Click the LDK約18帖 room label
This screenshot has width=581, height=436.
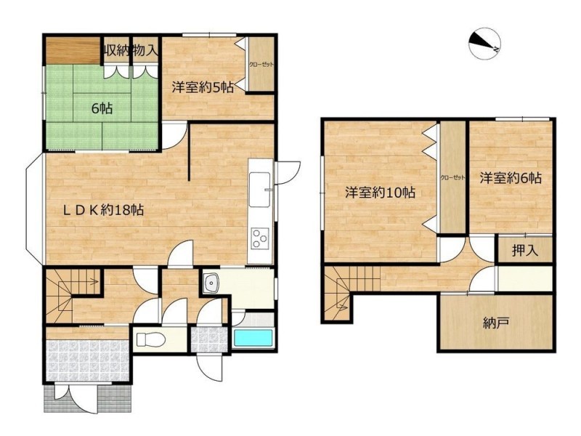pyautogui.click(x=103, y=211)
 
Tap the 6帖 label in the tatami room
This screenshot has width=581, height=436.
pyautogui.click(x=102, y=108)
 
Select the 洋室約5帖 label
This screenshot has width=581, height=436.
pyautogui.click(x=203, y=87)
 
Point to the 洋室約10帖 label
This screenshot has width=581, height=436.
pyautogui.click(x=380, y=193)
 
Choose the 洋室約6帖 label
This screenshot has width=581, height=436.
pyautogui.click(x=511, y=178)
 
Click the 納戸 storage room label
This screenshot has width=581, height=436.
pyautogui.click(x=495, y=323)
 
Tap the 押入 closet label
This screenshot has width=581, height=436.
pyautogui.click(x=524, y=251)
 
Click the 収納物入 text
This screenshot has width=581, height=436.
pyautogui.click(x=131, y=50)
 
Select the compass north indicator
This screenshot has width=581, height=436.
pyautogui.click(x=484, y=44)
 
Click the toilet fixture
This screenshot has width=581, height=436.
pyautogui.click(x=151, y=339)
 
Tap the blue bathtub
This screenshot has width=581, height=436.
pyautogui.click(x=253, y=338)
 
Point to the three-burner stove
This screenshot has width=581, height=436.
pyautogui.click(x=260, y=238)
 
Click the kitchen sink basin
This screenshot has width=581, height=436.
pyautogui.click(x=260, y=190)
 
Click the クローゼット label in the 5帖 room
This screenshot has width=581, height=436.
pyautogui.click(x=261, y=65)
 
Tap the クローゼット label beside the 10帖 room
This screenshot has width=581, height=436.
pyautogui.click(x=452, y=177)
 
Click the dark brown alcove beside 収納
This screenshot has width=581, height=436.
pyautogui.click(x=73, y=50)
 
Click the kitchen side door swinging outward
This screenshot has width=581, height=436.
pyautogui.click(x=287, y=172)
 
